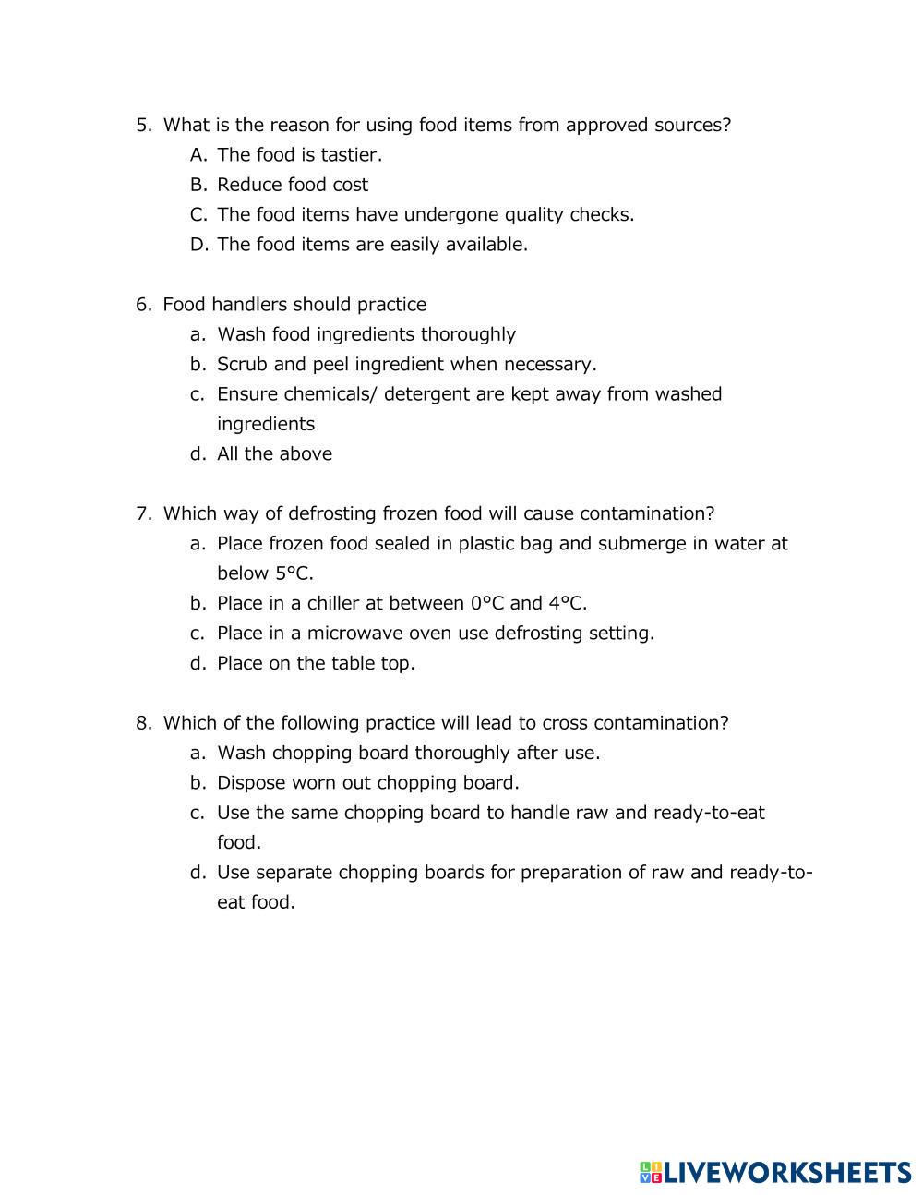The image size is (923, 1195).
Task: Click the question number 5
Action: click(x=142, y=125)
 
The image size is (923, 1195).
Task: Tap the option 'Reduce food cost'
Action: click(x=292, y=185)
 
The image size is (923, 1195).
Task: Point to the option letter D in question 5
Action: click(x=198, y=245)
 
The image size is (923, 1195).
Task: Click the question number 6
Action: click(x=142, y=305)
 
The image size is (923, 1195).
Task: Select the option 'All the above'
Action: click(x=274, y=453)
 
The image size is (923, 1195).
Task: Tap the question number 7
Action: click(x=142, y=513)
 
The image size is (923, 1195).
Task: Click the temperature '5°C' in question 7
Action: click(x=293, y=573)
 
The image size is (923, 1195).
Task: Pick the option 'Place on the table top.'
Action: click(x=316, y=663)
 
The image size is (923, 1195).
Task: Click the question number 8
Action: click(x=142, y=723)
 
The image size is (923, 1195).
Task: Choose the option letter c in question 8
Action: click(x=197, y=813)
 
